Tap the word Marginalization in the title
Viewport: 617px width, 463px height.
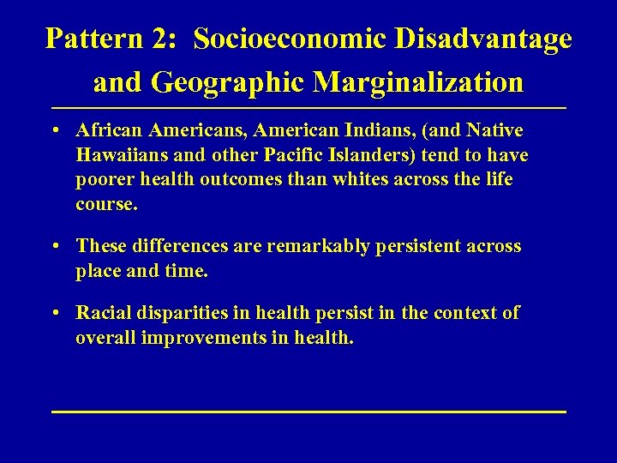(418, 82)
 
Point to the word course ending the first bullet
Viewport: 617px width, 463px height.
(105, 205)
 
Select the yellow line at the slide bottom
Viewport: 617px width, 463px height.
(308, 412)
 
